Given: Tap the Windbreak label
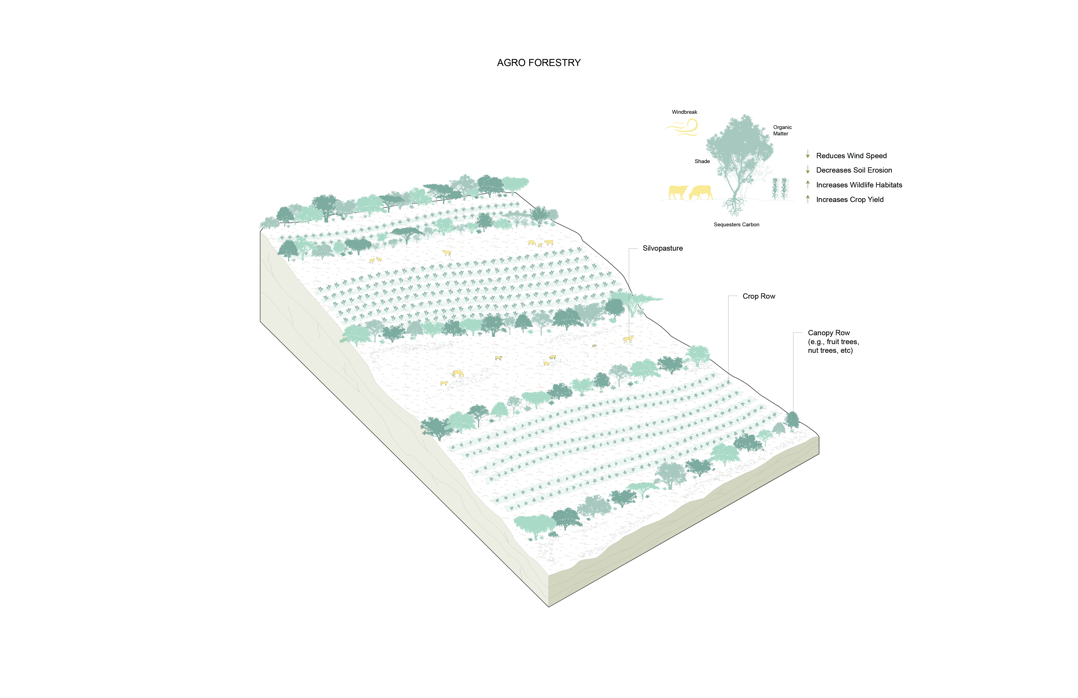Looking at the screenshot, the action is pyautogui.click(x=684, y=112).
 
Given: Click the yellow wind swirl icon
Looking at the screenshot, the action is pyautogui.click(x=683, y=127).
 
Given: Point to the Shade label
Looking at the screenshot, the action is pyautogui.click(x=702, y=161).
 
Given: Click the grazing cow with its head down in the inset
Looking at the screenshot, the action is pyautogui.click(x=701, y=193).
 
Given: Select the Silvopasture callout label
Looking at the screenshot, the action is pyautogui.click(x=663, y=248).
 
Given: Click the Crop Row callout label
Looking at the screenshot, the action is pyautogui.click(x=759, y=296).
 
